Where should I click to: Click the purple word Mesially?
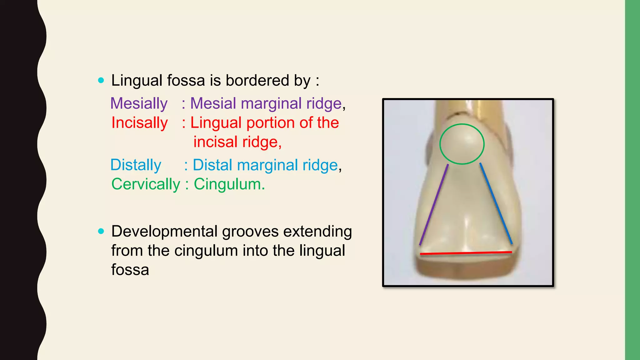(x=139, y=103)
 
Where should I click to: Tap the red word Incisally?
(x=140, y=123)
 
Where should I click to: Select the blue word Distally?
(x=136, y=165)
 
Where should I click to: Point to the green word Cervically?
(x=146, y=184)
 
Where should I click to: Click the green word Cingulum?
(x=229, y=184)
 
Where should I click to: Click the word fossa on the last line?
(x=130, y=270)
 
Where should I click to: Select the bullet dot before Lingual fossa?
(x=101, y=80)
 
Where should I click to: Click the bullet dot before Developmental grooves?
(x=101, y=231)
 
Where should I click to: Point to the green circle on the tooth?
(x=462, y=125)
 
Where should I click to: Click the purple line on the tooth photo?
(x=434, y=205)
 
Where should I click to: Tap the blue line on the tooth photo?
(x=496, y=203)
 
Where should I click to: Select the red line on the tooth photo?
(x=466, y=253)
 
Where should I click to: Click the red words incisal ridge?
(x=237, y=142)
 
